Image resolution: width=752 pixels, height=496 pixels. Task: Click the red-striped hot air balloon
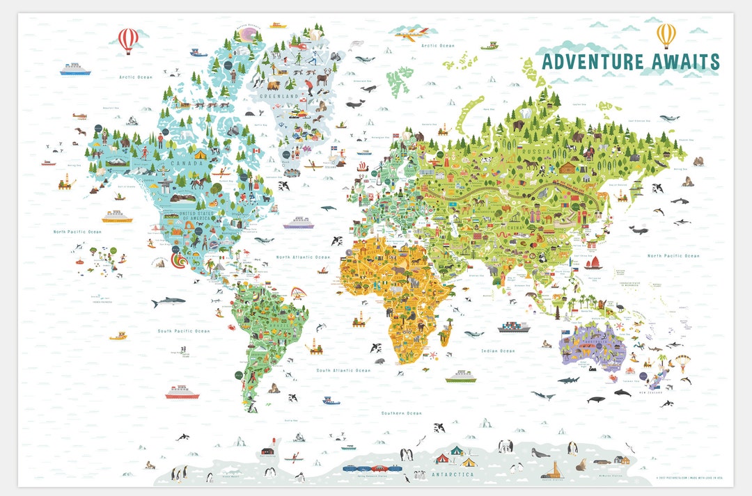point(127,39)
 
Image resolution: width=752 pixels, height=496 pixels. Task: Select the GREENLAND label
point(279,95)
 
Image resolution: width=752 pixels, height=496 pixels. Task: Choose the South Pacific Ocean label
point(183,331)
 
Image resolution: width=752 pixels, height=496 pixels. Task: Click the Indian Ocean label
point(498,351)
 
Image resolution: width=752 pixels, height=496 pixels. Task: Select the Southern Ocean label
point(401,413)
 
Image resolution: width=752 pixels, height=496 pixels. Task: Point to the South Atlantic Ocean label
point(343,371)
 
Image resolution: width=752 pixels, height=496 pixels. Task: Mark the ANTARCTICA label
point(452,474)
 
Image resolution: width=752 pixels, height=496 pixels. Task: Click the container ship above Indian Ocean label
point(513,326)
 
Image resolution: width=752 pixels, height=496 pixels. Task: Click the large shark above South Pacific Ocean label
point(168,302)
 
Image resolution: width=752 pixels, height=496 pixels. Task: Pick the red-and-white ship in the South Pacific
point(182,392)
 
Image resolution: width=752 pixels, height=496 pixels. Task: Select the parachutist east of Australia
point(682,363)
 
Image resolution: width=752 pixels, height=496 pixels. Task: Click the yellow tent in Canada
point(200,154)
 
